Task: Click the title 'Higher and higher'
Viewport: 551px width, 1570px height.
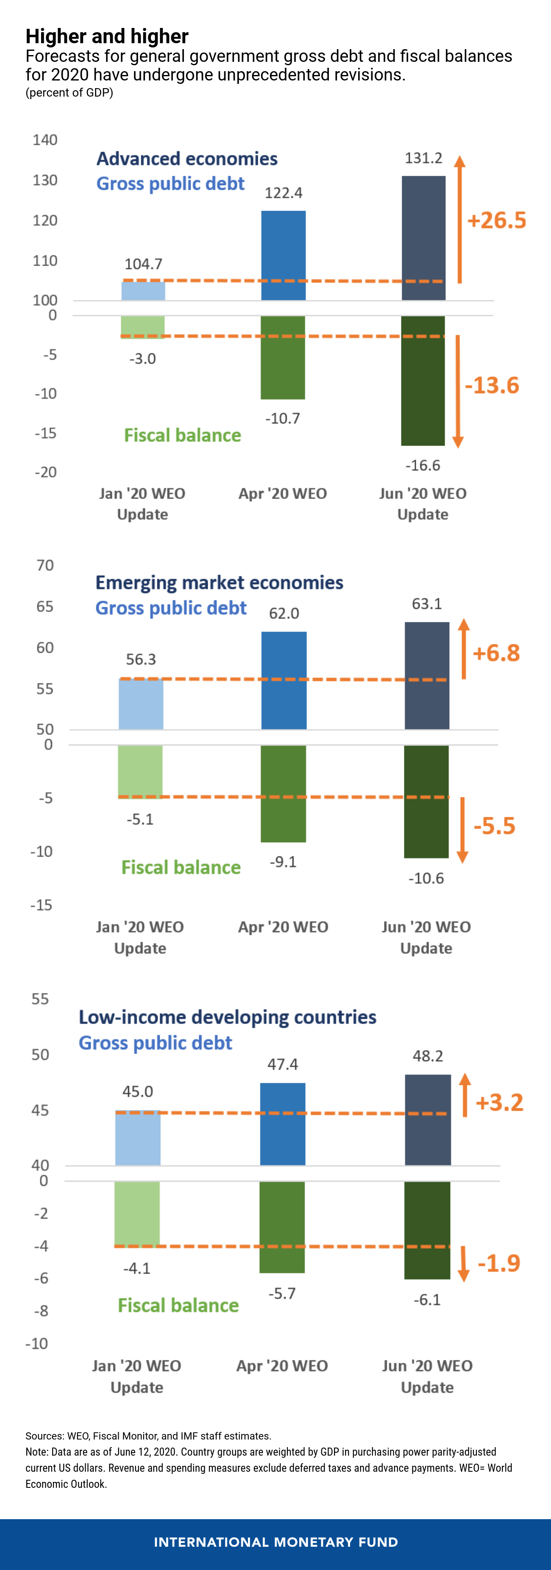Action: click(x=107, y=36)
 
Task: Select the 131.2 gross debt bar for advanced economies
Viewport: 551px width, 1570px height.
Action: click(x=423, y=238)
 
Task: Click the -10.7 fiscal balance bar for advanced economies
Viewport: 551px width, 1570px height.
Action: click(x=283, y=358)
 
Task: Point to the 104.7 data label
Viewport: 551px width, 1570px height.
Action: click(x=143, y=264)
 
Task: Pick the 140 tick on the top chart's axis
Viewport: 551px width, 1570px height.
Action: click(x=45, y=140)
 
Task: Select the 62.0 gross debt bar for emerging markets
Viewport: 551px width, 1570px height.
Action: click(x=284, y=680)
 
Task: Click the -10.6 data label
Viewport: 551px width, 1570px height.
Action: click(x=426, y=878)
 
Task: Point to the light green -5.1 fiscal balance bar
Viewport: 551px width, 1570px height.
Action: click(x=140, y=771)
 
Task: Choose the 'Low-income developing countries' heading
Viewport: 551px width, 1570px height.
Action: click(x=227, y=1017)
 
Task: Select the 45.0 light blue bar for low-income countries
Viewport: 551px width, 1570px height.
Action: click(x=138, y=1138)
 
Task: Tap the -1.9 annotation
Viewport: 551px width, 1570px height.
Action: click(x=498, y=1263)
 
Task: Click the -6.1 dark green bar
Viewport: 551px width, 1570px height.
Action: click(x=427, y=1230)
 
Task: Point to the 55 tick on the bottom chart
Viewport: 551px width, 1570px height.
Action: click(x=40, y=999)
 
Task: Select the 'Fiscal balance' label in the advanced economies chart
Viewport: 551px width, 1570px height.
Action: click(x=182, y=435)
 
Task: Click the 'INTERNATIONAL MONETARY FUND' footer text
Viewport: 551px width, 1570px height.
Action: click(x=275, y=1542)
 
